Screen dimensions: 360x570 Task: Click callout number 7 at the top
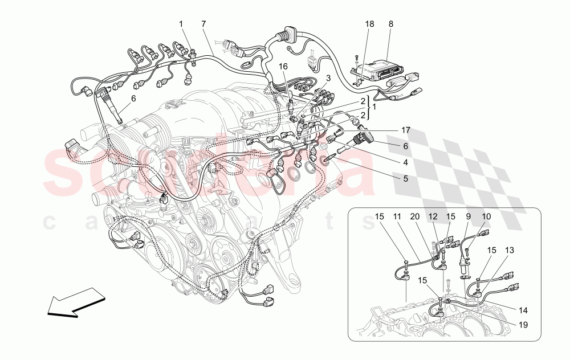[x=203, y=24]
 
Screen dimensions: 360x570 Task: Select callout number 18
[x=370, y=24]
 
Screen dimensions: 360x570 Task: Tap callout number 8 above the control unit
[x=390, y=24]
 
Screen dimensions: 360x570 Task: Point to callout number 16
[x=283, y=67]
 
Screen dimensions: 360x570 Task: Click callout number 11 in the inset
[x=397, y=217]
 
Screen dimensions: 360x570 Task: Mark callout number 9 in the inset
[x=468, y=217]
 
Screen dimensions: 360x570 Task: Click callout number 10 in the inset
[x=486, y=217]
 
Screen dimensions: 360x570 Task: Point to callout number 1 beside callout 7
[x=181, y=24]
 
